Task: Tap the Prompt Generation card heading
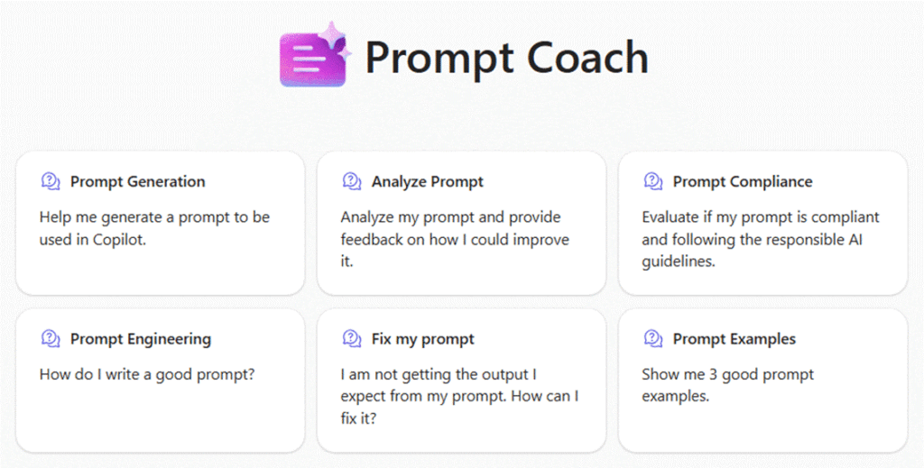point(138,181)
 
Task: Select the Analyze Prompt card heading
point(427,181)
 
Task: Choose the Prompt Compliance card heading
point(743,181)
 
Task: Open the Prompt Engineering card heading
point(141,339)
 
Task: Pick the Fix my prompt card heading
point(422,339)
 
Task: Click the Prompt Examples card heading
point(735,339)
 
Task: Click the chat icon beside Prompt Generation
point(51,181)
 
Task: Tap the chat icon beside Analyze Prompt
point(352,181)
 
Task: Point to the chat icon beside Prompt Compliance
point(653,181)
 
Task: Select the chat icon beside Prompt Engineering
point(51,338)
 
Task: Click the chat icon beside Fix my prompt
point(352,338)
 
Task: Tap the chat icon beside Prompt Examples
point(653,338)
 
